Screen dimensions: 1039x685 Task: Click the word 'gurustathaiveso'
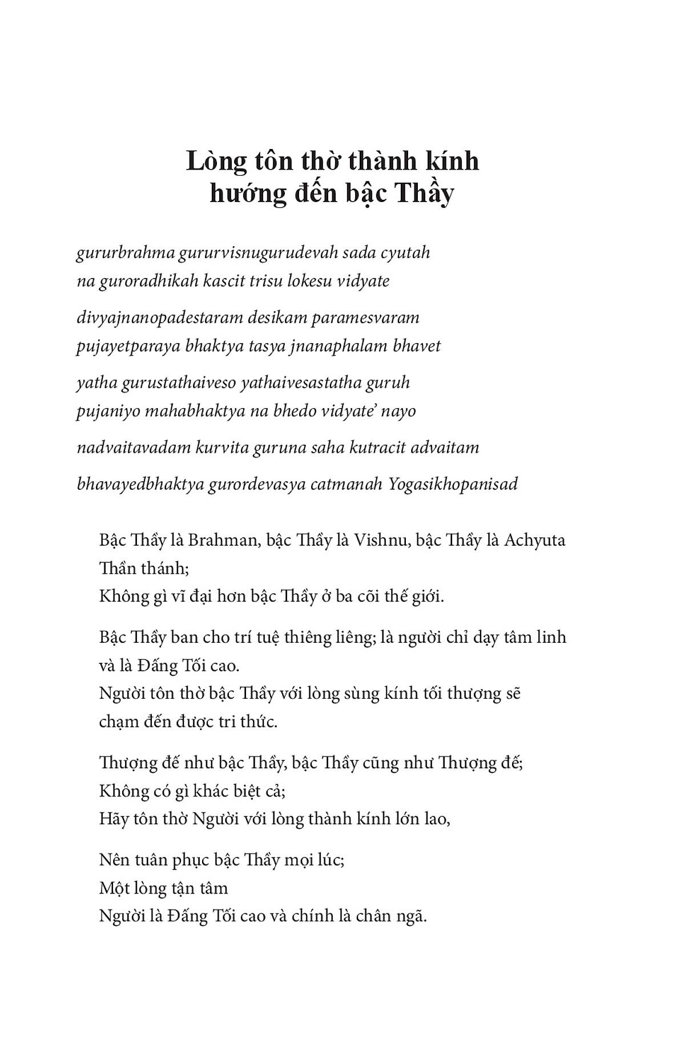coord(178,383)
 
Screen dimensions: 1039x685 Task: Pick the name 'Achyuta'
coord(535,540)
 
